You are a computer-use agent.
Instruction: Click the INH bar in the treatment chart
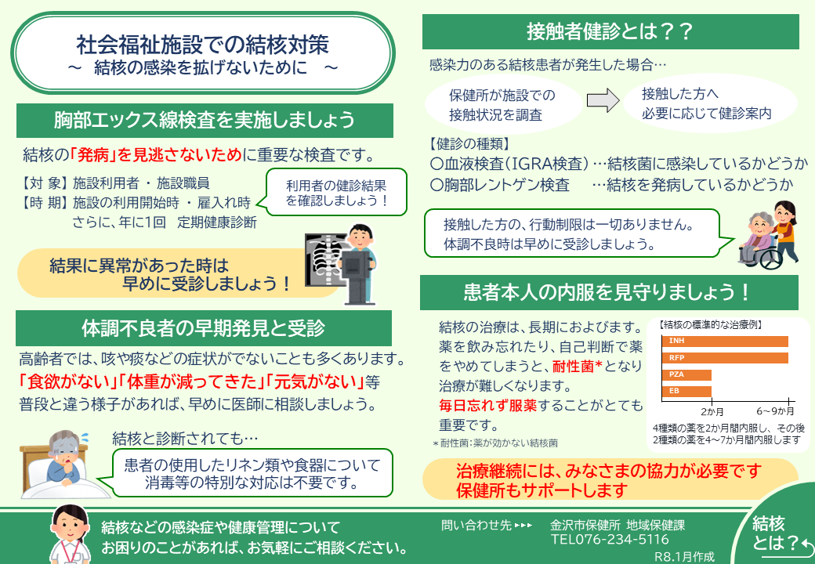point(725,341)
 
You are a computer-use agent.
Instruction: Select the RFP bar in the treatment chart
point(725,358)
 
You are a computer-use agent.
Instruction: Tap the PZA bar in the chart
point(687,374)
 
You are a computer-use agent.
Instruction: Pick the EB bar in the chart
point(687,391)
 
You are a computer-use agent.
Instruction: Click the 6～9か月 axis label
point(775,410)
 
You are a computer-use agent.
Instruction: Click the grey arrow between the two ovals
point(603,101)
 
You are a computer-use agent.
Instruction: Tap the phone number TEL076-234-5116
point(610,540)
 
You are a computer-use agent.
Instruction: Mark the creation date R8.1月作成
point(684,556)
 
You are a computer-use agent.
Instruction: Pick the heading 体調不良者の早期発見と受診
point(203,327)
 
